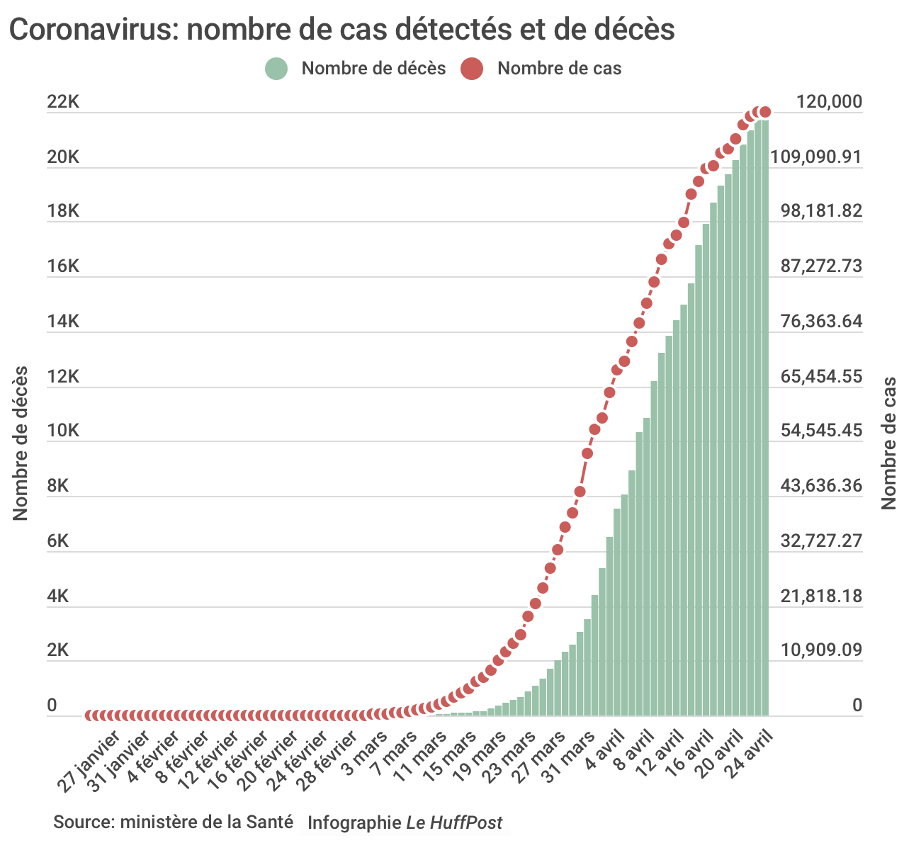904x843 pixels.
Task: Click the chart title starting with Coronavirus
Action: pyautogui.click(x=341, y=30)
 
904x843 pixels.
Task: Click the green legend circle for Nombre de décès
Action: pyautogui.click(x=276, y=69)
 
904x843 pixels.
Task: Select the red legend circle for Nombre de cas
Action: pyautogui.click(x=471, y=69)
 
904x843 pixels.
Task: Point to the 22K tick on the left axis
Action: pyautogui.click(x=63, y=103)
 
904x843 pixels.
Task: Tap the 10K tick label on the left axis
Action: pyautogui.click(x=63, y=431)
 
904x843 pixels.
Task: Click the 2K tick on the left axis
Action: pyautogui.click(x=58, y=651)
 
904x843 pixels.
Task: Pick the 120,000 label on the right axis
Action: pyautogui.click(x=829, y=103)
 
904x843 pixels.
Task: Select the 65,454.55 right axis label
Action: pyautogui.click(x=822, y=376)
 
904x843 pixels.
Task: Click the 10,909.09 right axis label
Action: pyautogui.click(x=822, y=651)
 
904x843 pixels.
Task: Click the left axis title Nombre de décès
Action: pyautogui.click(x=21, y=443)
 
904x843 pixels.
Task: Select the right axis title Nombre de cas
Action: pyautogui.click(x=889, y=443)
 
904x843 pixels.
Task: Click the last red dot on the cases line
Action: pyautogui.click(x=764, y=112)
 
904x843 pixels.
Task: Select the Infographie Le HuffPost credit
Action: pyautogui.click(x=405, y=822)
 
